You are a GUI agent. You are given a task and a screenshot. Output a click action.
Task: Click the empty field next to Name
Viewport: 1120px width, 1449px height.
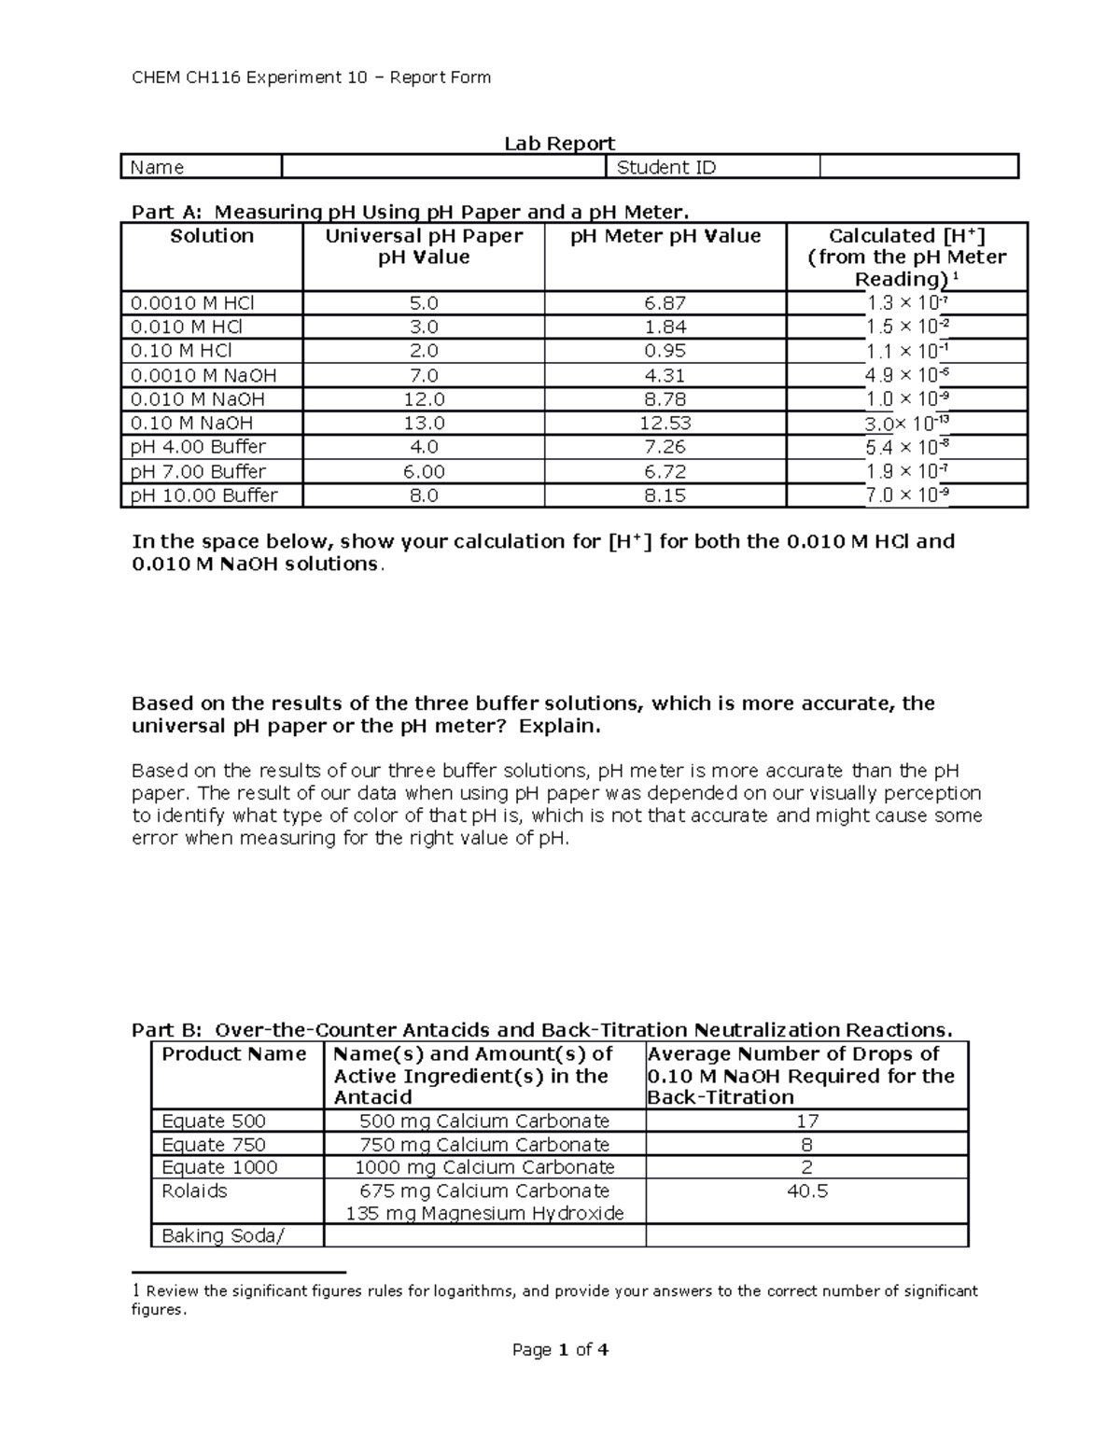pyautogui.click(x=443, y=167)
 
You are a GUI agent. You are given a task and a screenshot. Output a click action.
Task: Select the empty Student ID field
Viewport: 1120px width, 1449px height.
pyautogui.click(x=918, y=167)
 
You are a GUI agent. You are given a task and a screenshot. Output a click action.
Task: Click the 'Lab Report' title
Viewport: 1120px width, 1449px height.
pyautogui.click(x=559, y=143)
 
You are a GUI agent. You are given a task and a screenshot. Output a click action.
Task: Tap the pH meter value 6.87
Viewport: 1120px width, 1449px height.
pyautogui.click(x=665, y=303)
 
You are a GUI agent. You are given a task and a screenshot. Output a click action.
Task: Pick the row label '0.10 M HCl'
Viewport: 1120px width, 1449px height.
pyautogui.click(x=181, y=351)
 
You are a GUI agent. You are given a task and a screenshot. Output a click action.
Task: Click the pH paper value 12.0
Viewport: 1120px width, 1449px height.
pyautogui.click(x=423, y=399)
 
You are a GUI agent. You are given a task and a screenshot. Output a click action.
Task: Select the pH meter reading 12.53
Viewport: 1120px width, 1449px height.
pyautogui.click(x=665, y=423)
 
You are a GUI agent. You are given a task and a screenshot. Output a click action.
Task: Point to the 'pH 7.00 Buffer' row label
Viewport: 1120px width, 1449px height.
pyautogui.click(x=198, y=471)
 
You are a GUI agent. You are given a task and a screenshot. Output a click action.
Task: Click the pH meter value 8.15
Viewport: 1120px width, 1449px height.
pyautogui.click(x=665, y=495)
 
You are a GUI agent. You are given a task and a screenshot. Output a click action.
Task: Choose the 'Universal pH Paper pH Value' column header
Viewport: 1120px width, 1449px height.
pyautogui.click(x=423, y=246)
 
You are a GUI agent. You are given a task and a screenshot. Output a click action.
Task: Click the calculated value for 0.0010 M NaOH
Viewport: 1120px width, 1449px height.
pyautogui.click(x=906, y=375)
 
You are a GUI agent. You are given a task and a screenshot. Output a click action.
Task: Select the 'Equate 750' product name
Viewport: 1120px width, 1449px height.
pyautogui.click(x=214, y=1145)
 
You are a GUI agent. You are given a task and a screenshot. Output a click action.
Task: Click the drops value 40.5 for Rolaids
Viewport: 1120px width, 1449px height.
pyautogui.click(x=806, y=1191)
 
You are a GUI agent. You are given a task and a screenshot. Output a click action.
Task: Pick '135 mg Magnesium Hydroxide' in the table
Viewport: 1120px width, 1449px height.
pyautogui.click(x=484, y=1213)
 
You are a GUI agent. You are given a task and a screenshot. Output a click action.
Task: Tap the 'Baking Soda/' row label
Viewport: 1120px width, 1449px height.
pyautogui.click(x=223, y=1236)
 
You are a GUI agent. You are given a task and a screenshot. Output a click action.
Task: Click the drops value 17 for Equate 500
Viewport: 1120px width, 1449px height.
pyautogui.click(x=806, y=1122)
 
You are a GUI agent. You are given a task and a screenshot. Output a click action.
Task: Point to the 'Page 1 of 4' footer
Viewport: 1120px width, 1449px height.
pyautogui.click(x=560, y=1349)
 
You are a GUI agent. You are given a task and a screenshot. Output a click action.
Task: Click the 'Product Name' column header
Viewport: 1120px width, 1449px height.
pyautogui.click(x=234, y=1054)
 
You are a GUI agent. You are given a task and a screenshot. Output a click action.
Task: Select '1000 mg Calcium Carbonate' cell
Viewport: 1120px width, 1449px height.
pyautogui.click(x=484, y=1167)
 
